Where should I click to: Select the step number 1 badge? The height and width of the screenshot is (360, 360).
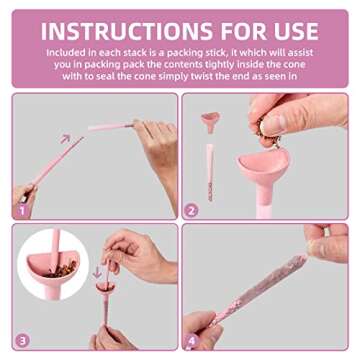click(x=21, y=211)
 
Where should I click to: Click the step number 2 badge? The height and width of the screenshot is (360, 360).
click(x=191, y=211)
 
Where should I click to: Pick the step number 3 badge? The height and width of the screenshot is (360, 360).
click(x=22, y=341)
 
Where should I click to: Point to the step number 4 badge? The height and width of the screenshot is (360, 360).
click(x=192, y=341)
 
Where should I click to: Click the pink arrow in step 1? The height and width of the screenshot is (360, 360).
click(x=65, y=139)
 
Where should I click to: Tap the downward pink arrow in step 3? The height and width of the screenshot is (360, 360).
click(x=97, y=272)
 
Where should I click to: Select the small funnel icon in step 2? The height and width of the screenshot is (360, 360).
click(x=210, y=122)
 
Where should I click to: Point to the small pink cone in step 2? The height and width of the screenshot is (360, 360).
click(x=210, y=172)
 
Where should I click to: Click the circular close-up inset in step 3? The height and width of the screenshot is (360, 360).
click(x=53, y=265)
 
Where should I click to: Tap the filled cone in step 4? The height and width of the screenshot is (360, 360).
click(x=259, y=289)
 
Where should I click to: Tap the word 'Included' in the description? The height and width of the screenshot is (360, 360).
click(x=64, y=53)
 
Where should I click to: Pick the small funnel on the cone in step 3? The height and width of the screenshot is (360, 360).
click(x=105, y=288)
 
